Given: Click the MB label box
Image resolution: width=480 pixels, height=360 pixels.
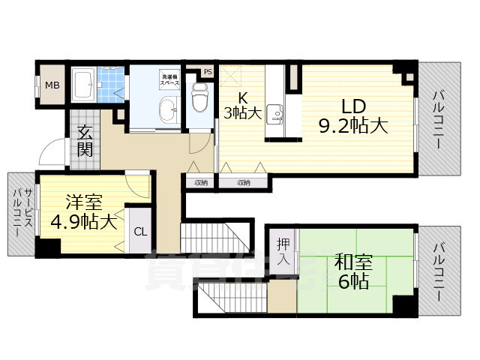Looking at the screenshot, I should (52, 84).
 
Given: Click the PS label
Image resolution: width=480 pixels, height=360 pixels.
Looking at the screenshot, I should (208, 72).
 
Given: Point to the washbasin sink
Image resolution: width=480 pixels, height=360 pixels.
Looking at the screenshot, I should (168, 109).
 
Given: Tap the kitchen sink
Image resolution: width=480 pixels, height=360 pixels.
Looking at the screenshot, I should (277, 115).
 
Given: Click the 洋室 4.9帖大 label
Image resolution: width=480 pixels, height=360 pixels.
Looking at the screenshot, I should (82, 212).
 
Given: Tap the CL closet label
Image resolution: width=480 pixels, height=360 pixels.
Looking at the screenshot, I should (140, 230).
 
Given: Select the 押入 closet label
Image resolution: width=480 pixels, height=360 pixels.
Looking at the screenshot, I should (283, 251).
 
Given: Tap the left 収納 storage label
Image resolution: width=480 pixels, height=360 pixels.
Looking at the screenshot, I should (200, 181).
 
